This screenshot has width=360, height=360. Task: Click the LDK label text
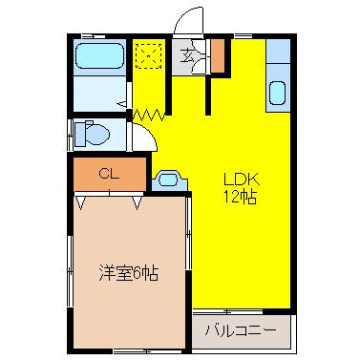point(242,180)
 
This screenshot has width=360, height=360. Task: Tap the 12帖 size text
point(241,198)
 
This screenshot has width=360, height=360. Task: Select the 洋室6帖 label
point(128,273)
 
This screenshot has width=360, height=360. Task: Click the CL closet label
point(109,174)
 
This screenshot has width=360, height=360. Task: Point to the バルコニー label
point(241,331)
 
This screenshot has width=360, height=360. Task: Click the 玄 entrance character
point(187,56)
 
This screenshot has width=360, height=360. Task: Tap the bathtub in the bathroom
point(99,56)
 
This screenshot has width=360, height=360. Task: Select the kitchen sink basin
point(278,93)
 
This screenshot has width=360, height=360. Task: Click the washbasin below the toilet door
point(169,180)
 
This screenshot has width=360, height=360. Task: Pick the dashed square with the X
point(148,56)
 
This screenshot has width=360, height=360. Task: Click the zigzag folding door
point(149,115)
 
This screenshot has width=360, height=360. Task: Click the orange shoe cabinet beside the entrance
point(219,55)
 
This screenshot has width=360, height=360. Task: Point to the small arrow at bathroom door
point(122,103)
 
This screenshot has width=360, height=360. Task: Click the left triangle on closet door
point(80,203)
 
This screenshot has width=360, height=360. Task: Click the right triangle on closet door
point(137,203)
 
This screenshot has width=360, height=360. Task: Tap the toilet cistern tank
point(80,134)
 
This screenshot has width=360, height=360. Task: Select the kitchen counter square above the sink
point(278,51)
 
